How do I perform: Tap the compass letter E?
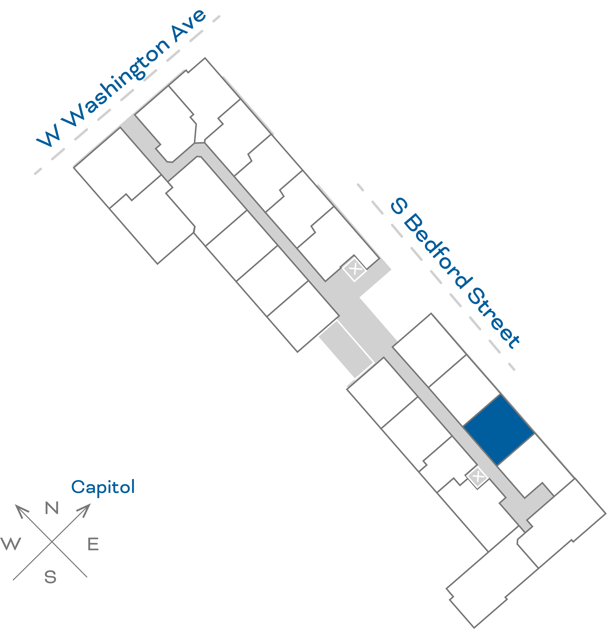click(93, 544)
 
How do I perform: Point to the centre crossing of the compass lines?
click(52, 542)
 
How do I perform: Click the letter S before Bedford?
click(399, 206)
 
